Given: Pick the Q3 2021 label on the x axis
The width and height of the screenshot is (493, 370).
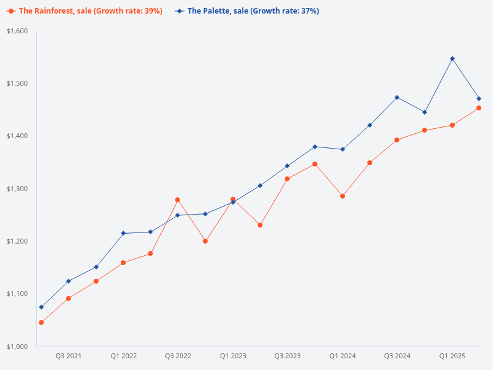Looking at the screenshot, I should coord(68,356).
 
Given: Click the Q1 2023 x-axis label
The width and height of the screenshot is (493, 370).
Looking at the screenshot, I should coord(233,356).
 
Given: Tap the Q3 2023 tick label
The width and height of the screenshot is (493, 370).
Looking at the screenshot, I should coord(287,356).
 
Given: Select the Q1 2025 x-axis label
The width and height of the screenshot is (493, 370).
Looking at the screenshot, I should coord(452,356).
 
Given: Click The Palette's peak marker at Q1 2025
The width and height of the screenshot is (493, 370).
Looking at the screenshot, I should coord(452,59).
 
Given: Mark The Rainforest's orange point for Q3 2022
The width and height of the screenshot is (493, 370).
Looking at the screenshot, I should coord(177,200).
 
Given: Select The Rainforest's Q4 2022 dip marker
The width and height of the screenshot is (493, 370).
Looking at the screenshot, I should coord(205,241).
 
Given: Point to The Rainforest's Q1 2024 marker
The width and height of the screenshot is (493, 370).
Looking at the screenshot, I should coord(343,196).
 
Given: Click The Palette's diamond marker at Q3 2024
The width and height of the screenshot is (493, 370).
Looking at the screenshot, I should coord(397,97).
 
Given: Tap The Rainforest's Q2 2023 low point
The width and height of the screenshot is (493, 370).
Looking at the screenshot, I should coord(260,225).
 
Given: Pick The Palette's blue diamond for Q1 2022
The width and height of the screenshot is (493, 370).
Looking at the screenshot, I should coord(123,233).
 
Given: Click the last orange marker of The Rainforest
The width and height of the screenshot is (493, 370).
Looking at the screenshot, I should coord(479,108).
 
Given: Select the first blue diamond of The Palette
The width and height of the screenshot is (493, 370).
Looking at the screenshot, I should coord(41,307).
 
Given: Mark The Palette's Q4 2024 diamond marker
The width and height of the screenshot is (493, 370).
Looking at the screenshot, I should coord(425,112).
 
